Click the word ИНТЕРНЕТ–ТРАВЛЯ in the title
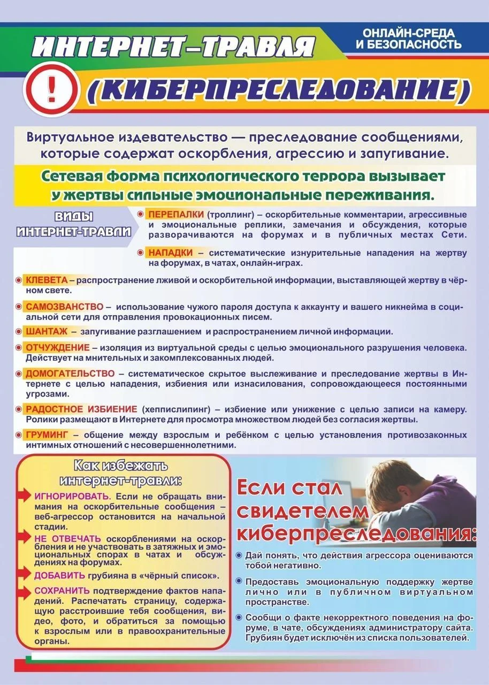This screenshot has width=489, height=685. pos(172,47)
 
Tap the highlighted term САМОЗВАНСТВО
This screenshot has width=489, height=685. pos(64,307)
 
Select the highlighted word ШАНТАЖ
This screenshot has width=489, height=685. pos(47,331)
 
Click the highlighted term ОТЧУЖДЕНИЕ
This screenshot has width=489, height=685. pos(57,347)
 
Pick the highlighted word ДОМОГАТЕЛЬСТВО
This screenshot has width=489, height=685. pos(70,374)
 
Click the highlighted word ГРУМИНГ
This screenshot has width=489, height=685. pos(48,434)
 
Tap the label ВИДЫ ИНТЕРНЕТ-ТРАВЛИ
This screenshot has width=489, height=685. pos(74,224)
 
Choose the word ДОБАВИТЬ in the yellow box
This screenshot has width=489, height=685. pos(59,575)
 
